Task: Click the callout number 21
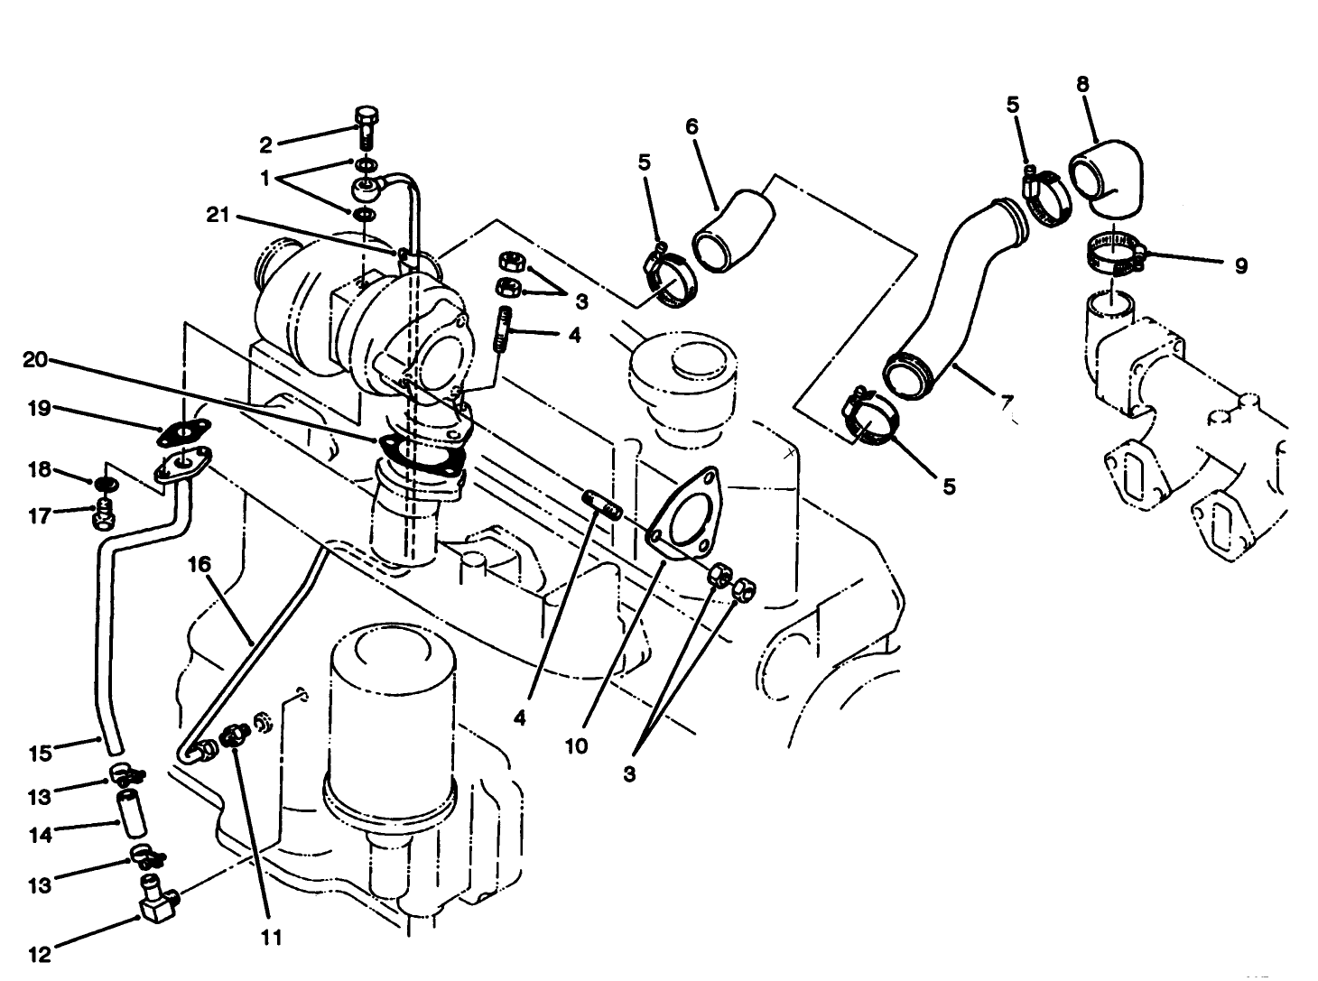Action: point(218,215)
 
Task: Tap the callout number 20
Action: point(35,359)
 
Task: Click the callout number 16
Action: point(199,564)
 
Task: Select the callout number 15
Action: point(41,750)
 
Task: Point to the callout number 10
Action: point(576,745)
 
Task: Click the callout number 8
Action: point(1082,84)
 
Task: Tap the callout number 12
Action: point(40,951)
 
